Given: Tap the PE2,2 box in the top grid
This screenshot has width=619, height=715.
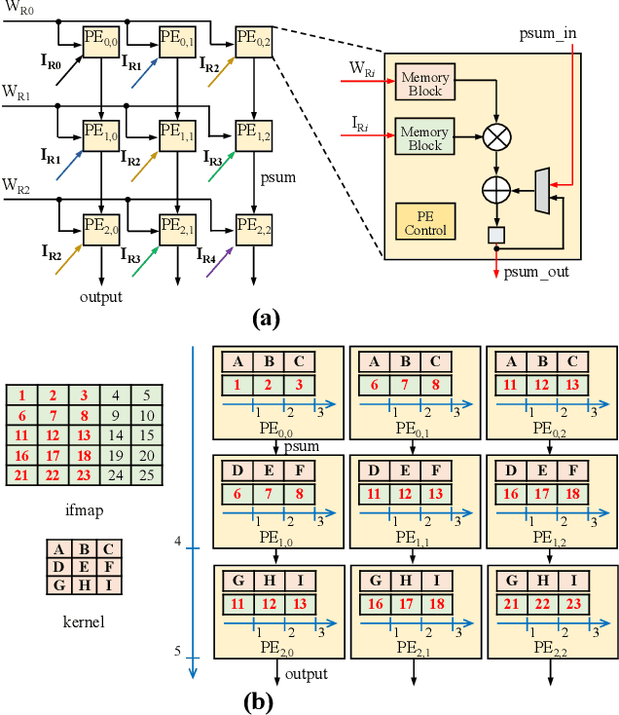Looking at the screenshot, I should [x=253, y=226].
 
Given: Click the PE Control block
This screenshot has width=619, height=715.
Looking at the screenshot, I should [x=425, y=222].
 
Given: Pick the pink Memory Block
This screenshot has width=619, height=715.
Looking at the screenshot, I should [x=424, y=84].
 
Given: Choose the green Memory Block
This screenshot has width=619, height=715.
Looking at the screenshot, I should [x=424, y=137].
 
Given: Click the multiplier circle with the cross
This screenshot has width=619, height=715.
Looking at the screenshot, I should [x=497, y=136].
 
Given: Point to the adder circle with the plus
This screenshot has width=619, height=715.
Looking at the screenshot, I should [x=497, y=185].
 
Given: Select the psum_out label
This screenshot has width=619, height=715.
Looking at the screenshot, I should [x=536, y=272].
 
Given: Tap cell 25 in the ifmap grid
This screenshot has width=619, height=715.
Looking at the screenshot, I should [x=147, y=475].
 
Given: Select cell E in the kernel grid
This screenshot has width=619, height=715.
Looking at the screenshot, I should [x=84, y=567].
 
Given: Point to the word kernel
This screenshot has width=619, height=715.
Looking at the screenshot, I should [x=84, y=620].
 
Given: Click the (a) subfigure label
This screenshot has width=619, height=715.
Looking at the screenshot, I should [x=265, y=317].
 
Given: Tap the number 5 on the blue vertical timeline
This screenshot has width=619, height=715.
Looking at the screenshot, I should [x=178, y=652].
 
